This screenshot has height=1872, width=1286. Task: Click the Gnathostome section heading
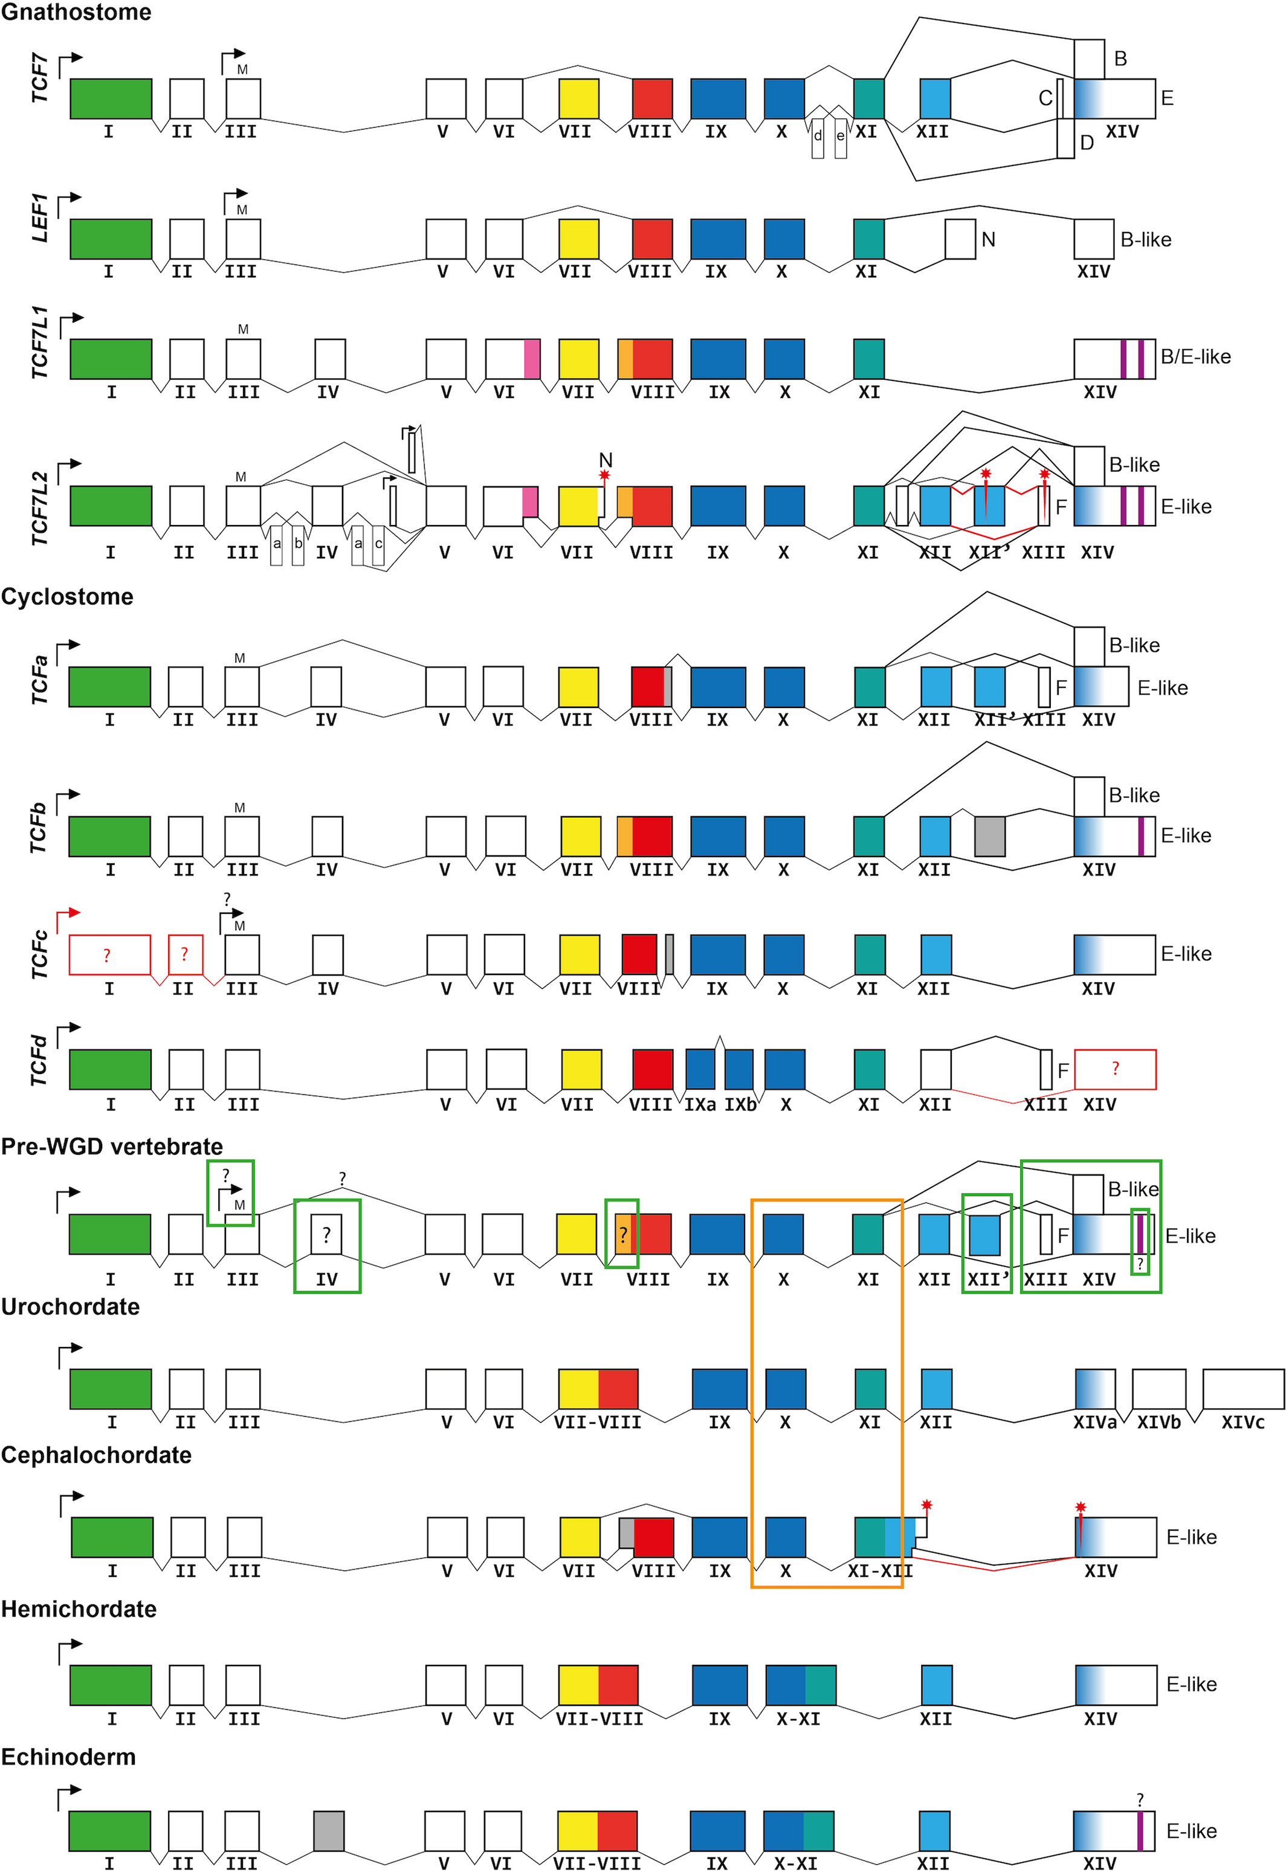tap(76, 12)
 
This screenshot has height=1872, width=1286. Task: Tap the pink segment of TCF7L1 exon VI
tap(532, 359)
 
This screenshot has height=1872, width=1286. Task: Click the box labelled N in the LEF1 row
tap(960, 239)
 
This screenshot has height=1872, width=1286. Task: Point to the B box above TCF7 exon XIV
tap(1090, 58)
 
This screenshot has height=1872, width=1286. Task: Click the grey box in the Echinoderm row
tap(329, 1831)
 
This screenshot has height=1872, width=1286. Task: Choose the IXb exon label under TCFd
tap(740, 1104)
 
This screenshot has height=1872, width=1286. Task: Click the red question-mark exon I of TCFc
tap(109, 954)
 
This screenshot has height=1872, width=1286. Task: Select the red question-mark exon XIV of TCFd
tap(1115, 1069)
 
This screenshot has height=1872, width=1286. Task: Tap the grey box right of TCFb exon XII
tap(989, 836)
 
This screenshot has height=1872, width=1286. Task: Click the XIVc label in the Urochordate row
tap(1242, 1423)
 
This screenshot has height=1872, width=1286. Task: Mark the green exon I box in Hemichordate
tap(111, 1685)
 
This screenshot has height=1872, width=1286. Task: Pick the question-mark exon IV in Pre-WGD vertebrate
tap(326, 1235)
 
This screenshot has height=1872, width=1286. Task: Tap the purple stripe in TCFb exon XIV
tap(1141, 836)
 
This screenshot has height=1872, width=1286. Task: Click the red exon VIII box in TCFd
tap(652, 1069)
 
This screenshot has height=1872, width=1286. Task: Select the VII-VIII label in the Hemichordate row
tap(599, 1719)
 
